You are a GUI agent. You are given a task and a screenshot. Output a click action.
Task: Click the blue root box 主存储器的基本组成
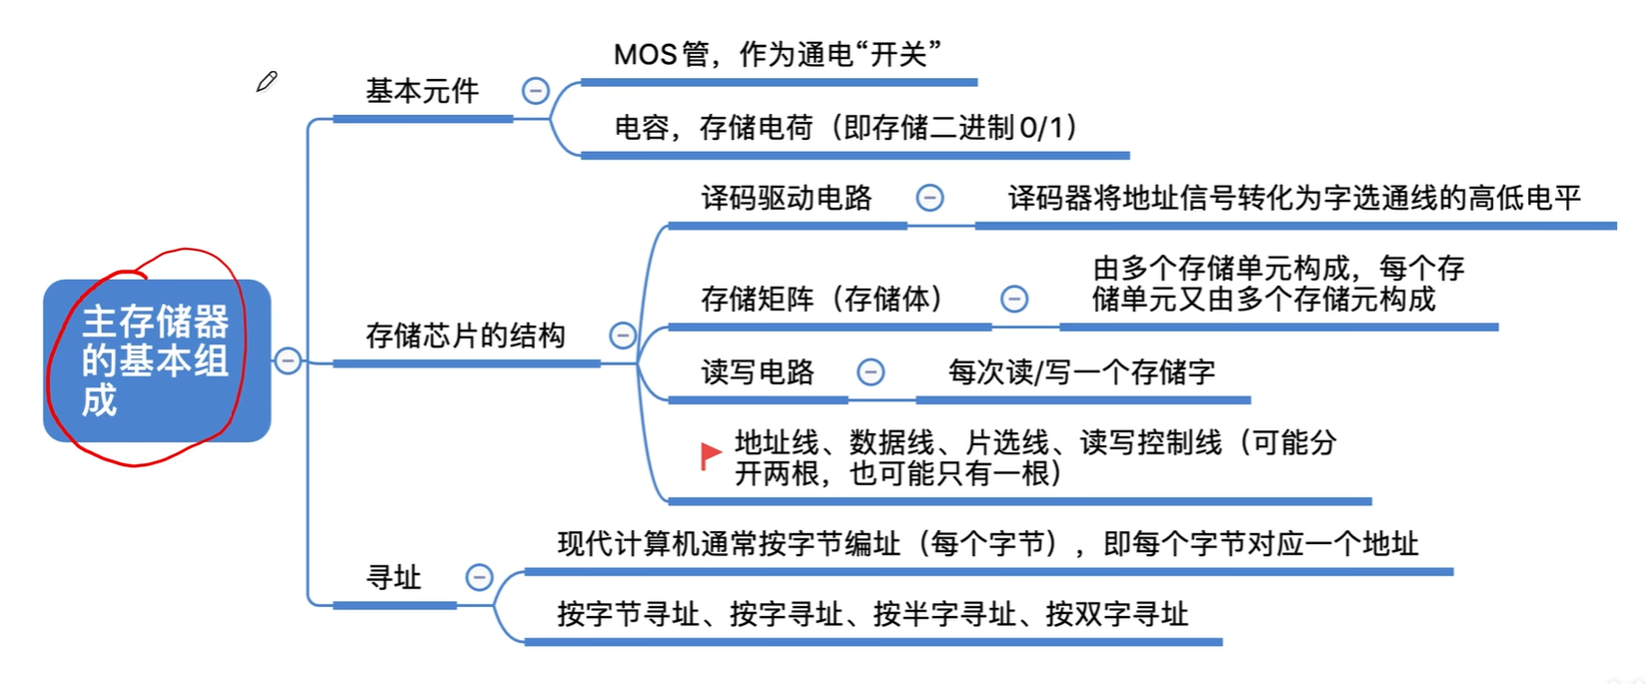(x=157, y=360)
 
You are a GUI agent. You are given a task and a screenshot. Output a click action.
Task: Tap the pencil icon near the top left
(x=267, y=82)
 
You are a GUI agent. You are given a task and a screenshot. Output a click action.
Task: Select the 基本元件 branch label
(x=422, y=92)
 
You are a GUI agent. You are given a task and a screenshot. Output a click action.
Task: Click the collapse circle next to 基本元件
(x=535, y=91)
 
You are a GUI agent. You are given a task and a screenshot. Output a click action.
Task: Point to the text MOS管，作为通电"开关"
(x=778, y=54)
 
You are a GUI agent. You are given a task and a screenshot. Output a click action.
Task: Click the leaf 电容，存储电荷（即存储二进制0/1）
(x=846, y=128)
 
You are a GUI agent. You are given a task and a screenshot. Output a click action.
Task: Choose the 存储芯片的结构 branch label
(x=465, y=336)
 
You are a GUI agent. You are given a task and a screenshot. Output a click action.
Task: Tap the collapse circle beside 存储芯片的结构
(x=623, y=336)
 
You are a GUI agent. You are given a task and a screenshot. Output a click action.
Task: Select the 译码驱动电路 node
(x=787, y=198)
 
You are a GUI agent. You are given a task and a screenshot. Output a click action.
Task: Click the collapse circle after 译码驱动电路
(x=929, y=198)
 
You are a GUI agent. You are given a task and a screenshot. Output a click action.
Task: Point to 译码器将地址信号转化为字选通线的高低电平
(x=1295, y=198)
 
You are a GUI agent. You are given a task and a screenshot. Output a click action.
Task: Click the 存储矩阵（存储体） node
(x=823, y=299)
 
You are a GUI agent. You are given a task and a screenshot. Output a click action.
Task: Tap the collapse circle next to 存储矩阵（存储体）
(x=1014, y=299)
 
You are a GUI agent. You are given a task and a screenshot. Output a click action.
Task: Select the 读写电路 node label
(x=758, y=372)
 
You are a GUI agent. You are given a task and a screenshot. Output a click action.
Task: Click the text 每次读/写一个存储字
(x=1081, y=372)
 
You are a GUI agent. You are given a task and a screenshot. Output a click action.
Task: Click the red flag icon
(x=711, y=455)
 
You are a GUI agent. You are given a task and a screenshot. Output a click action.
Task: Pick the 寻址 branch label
(x=393, y=577)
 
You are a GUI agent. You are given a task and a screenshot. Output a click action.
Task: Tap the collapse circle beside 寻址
(x=479, y=577)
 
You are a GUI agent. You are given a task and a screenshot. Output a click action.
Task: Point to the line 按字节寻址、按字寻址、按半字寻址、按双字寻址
(x=872, y=614)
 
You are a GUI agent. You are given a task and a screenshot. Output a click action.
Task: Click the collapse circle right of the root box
(x=287, y=360)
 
